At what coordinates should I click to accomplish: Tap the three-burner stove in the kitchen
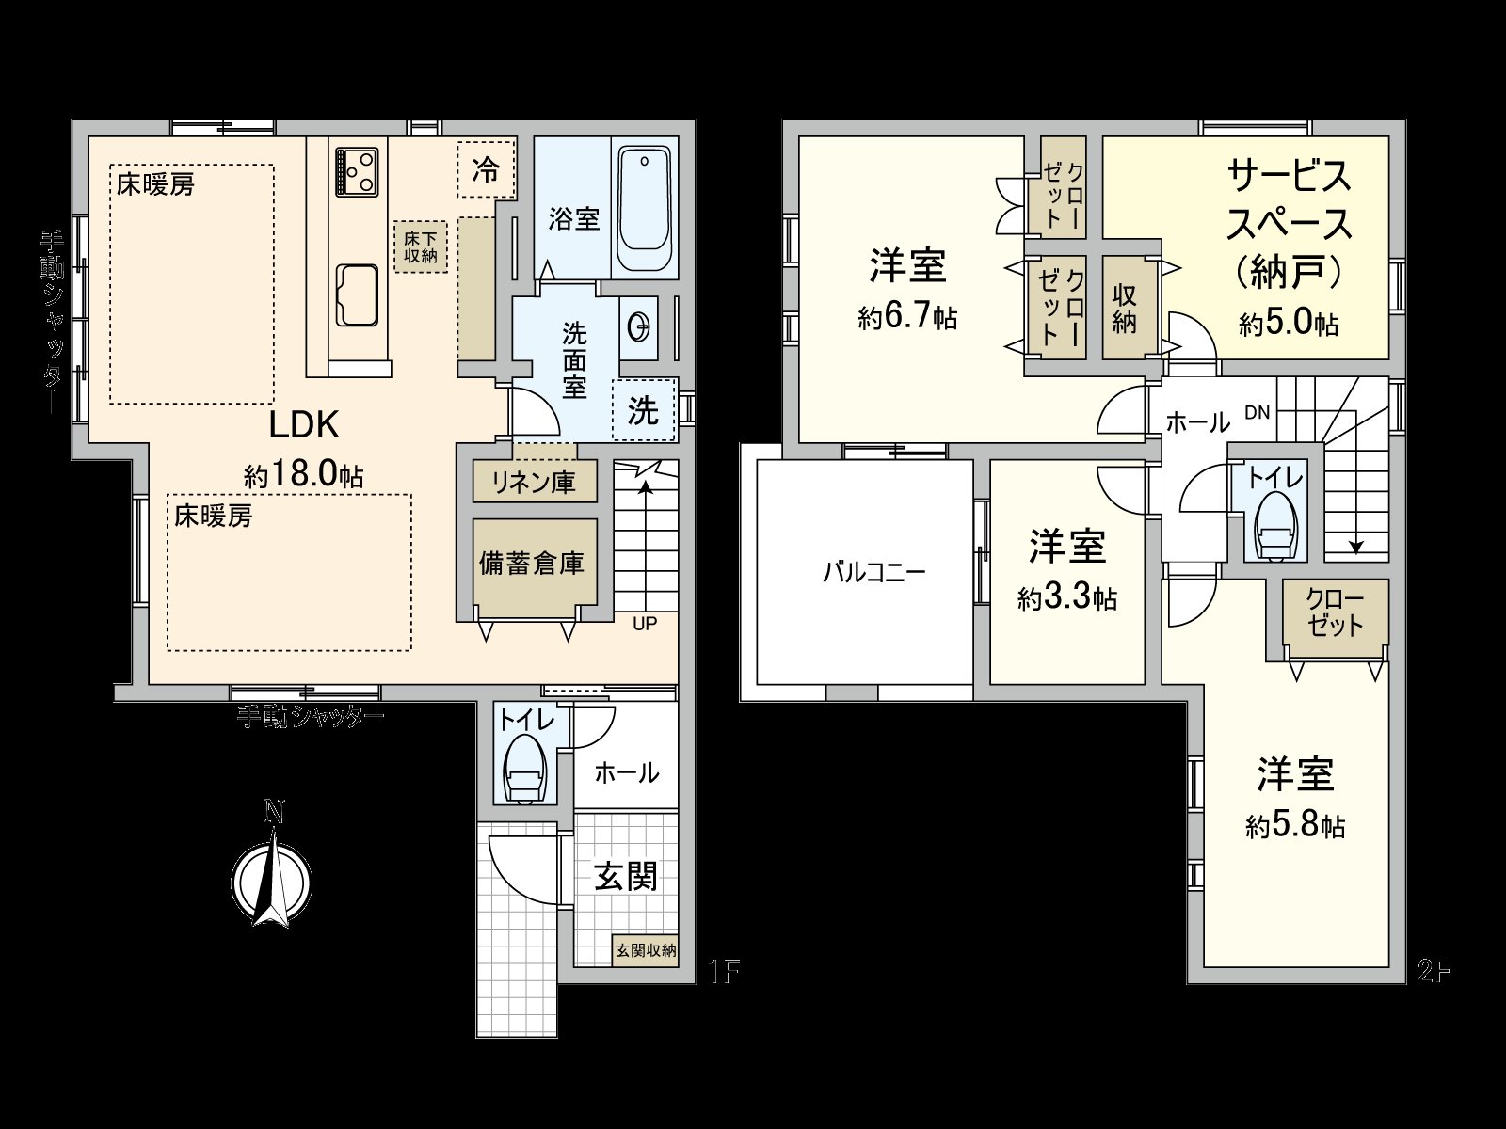(357, 171)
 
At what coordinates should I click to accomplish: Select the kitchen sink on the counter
(357, 294)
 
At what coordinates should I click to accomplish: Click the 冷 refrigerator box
(487, 169)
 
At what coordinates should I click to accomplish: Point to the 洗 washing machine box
(644, 409)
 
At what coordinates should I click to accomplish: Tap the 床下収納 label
(420, 246)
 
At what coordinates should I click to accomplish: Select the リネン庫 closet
(535, 482)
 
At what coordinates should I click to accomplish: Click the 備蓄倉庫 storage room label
(533, 563)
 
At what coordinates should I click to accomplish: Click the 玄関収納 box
(646, 950)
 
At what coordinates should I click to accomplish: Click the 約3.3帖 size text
(1066, 598)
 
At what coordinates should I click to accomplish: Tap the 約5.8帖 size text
(1295, 826)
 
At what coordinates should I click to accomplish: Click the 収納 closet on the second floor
(1125, 308)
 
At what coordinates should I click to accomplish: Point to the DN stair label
(1258, 412)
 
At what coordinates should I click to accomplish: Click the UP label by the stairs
(645, 623)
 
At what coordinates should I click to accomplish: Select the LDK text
(304, 425)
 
